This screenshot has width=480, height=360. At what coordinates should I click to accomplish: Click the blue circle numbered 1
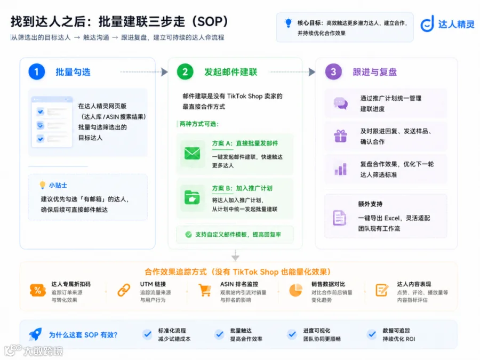(36, 71)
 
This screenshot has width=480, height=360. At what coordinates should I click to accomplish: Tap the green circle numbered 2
(185, 71)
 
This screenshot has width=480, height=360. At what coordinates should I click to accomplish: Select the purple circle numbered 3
(333, 71)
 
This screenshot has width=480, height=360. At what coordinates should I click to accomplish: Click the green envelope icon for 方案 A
(192, 153)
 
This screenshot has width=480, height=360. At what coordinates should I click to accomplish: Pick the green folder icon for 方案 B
(192, 197)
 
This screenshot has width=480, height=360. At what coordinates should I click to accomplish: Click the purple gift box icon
(340, 136)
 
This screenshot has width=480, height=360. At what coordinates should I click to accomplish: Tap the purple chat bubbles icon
(340, 103)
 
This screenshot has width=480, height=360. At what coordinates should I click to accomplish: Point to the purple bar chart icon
(340, 169)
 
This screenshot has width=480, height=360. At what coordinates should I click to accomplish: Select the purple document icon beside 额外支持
(339, 218)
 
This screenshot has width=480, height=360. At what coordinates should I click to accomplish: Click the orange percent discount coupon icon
(38, 290)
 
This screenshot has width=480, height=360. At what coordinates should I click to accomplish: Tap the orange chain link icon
(124, 290)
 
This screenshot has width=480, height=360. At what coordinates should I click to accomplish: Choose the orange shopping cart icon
(205, 290)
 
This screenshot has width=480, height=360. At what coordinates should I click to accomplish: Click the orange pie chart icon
(295, 290)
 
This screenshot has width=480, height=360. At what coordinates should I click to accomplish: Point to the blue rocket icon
(35, 334)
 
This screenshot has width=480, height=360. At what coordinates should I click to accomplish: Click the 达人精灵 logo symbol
(427, 23)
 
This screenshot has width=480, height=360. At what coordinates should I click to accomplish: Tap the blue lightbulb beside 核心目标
(288, 23)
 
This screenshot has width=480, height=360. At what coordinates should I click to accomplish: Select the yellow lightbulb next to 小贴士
(43, 185)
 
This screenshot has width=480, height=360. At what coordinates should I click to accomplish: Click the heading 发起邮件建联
(231, 72)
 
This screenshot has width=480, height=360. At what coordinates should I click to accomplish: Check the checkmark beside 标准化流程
(147, 334)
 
